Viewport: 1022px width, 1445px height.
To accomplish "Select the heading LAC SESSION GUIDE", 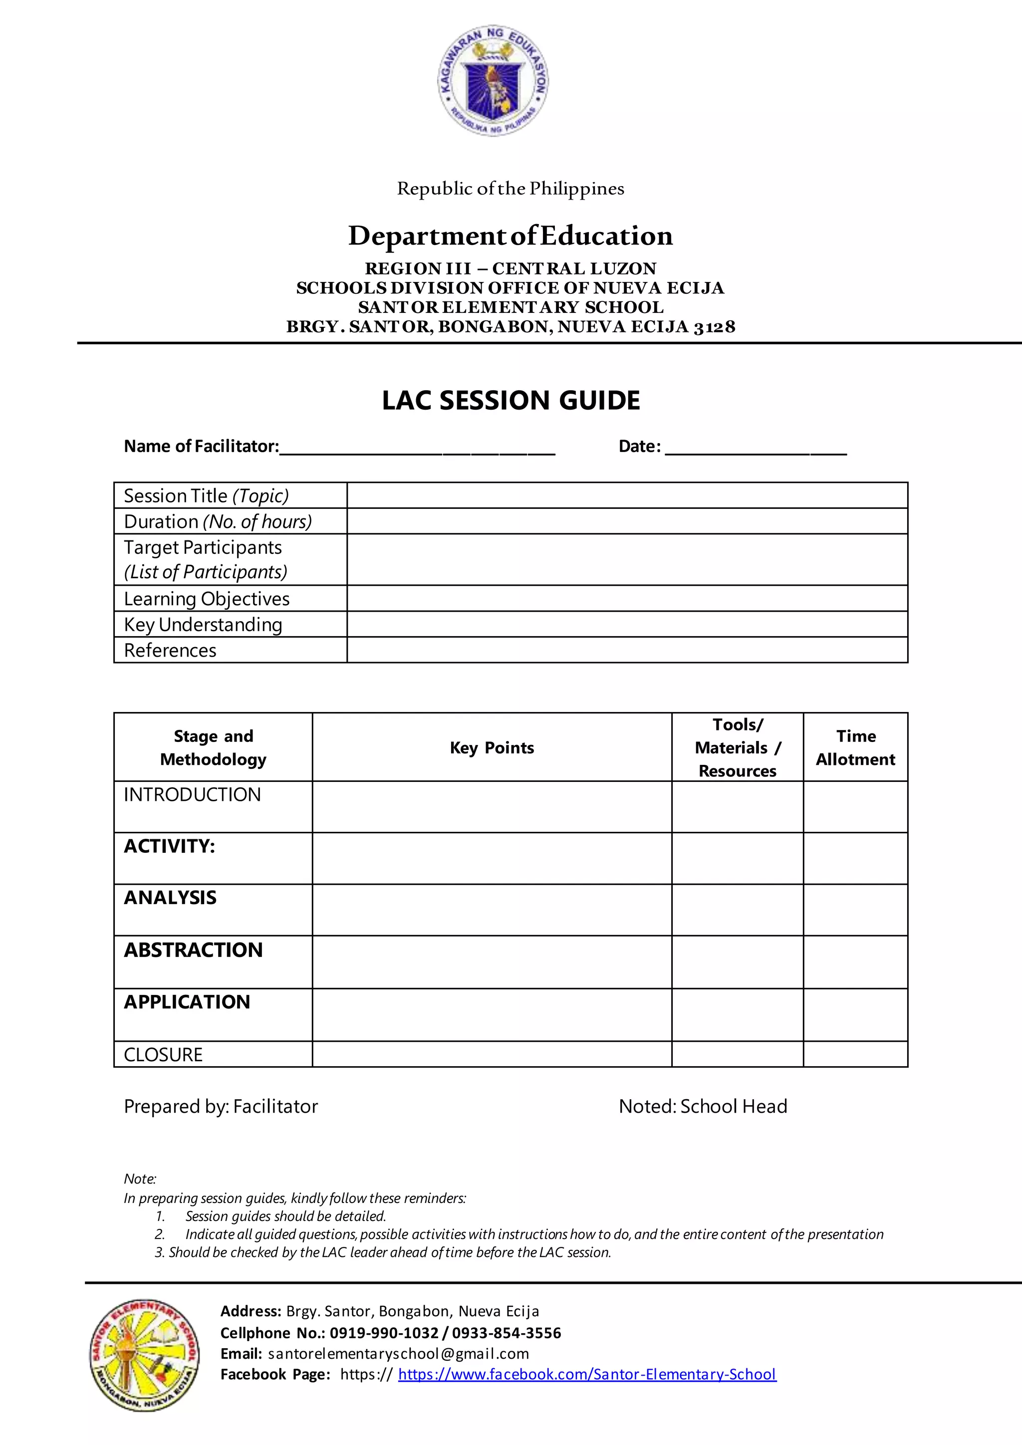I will tap(511, 401).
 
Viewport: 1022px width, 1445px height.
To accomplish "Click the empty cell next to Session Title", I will tap(627, 495).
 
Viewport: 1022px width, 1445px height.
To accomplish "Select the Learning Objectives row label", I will tap(207, 599).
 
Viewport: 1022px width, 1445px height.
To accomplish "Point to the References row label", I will tap(170, 650).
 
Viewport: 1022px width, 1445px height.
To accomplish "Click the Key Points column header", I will tap(492, 747).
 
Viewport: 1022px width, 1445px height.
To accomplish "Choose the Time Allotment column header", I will tap(855, 747).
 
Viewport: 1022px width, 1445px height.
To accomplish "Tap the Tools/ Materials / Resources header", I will tap(738, 747).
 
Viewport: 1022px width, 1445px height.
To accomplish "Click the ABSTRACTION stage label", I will tap(193, 950).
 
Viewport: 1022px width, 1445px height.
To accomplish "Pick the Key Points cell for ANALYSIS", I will tap(492, 910).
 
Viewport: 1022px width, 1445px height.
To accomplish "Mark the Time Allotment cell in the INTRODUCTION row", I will tap(855, 807).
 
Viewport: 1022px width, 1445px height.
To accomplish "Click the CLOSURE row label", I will tap(163, 1055).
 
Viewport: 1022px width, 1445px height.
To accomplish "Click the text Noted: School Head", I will tap(703, 1106).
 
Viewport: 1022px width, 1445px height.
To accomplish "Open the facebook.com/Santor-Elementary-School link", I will tap(587, 1374).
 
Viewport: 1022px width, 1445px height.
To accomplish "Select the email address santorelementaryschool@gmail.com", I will tap(398, 1353).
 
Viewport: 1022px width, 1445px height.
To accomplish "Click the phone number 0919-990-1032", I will tap(384, 1333).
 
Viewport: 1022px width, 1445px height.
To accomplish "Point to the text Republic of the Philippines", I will tap(511, 189).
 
